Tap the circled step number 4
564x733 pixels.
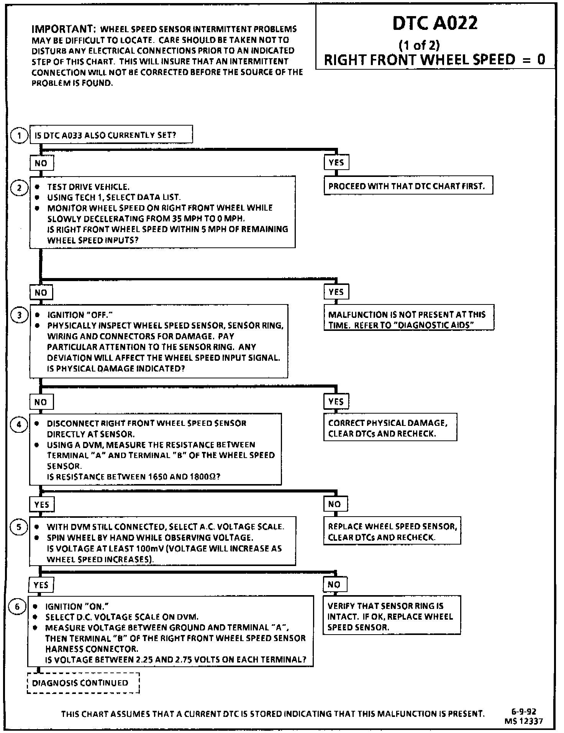pos(19,424)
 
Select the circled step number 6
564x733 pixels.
pos(17,607)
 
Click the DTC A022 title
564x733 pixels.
pos(435,24)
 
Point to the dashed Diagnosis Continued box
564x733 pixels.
pos(83,683)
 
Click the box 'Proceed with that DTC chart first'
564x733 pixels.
pos(408,186)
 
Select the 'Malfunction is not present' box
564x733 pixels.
pos(408,320)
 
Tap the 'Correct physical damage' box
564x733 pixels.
pos(390,428)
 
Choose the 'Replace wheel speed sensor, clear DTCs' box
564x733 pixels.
pos(392,531)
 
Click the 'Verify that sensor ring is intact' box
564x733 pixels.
pos(391,616)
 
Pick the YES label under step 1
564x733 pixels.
pos(336,162)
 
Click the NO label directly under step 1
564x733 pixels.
pos(41,163)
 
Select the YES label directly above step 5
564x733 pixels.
pos(42,504)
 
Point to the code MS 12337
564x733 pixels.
pos(523,721)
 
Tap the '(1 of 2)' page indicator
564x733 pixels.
pos(419,46)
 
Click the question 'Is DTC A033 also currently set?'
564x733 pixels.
pos(111,135)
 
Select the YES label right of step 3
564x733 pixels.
pos(336,401)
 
